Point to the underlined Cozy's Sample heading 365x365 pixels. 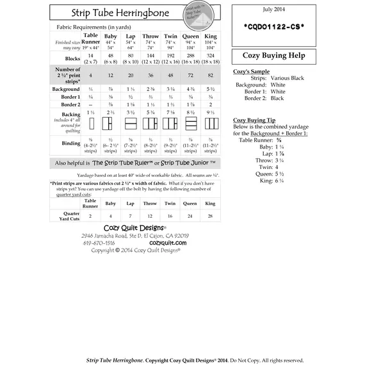(251, 72)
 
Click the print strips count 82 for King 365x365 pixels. (209, 75)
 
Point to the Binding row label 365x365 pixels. (71, 143)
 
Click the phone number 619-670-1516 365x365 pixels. (99, 243)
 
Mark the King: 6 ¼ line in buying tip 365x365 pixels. (269, 180)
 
